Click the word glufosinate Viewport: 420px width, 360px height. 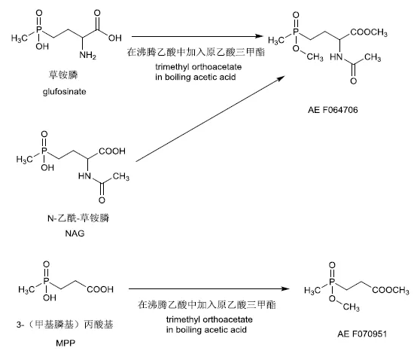pos(64,92)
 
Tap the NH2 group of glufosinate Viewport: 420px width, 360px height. pos(87,56)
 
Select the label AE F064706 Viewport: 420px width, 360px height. pos(333,110)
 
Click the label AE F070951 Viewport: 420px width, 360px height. pos(362,334)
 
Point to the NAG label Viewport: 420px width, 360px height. pos(75,233)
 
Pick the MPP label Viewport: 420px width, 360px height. pos(65,343)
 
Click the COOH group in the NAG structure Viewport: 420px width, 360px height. pos(112,151)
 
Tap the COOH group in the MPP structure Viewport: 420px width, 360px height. pos(100,289)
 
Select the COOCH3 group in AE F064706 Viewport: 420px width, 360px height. pos(369,32)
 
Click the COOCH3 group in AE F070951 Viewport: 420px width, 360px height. pos(391,290)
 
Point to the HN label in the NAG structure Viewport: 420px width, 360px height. pos(84,176)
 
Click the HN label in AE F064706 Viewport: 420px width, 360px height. pos(336,56)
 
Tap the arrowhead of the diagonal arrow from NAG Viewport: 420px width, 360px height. pos(281,78)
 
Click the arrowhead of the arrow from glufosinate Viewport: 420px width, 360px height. pos(259,36)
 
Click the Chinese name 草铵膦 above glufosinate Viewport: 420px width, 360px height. pos(63,75)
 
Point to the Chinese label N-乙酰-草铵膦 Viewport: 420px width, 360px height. pos(78,218)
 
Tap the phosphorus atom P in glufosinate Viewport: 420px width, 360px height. pos(39,30)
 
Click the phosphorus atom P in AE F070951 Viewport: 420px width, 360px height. pos(332,282)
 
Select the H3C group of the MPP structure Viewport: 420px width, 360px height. pos(26,289)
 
